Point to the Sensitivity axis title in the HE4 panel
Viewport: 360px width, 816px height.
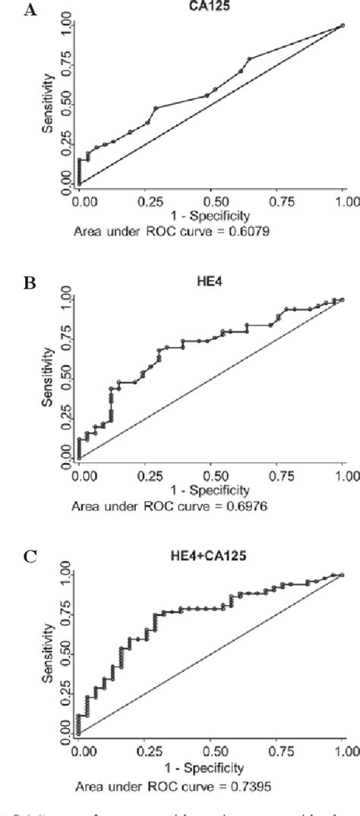[48, 377]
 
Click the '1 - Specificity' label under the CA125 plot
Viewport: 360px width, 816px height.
[210, 216]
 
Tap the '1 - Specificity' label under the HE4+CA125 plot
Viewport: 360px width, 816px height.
[210, 767]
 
